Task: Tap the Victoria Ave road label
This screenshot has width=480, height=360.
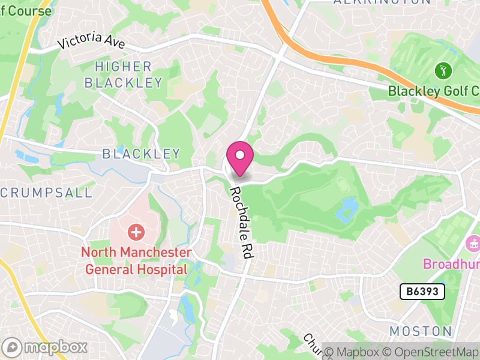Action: point(91,43)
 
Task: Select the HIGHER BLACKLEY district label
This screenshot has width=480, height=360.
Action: point(123,74)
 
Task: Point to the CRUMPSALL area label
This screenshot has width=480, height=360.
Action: point(47,193)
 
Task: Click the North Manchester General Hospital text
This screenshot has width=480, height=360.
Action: point(136,261)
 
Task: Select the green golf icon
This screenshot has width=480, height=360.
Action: point(443,71)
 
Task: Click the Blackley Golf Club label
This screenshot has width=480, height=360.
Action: point(433,91)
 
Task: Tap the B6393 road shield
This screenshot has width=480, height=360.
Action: point(422,292)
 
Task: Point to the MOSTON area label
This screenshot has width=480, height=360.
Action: point(421,331)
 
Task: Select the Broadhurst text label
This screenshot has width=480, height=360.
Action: point(451,264)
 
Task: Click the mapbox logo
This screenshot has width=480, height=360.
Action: point(45,347)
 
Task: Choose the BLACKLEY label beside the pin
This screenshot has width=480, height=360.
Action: point(141,154)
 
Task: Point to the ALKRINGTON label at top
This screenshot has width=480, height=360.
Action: point(382,2)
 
